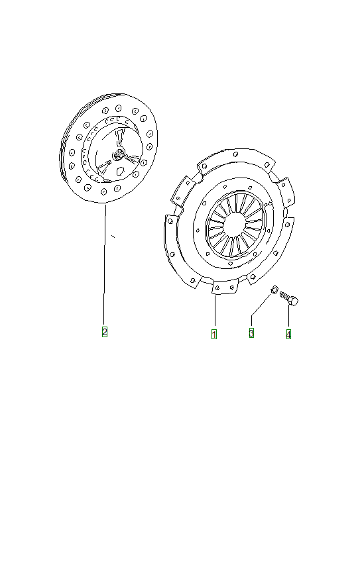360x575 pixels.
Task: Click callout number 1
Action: pyautogui.click(x=214, y=334)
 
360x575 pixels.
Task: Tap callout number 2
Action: pyautogui.click(x=105, y=332)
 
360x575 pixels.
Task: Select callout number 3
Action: pyautogui.click(x=251, y=333)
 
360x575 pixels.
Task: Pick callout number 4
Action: pyautogui.click(x=288, y=335)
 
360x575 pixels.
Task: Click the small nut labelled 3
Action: pyautogui.click(x=274, y=289)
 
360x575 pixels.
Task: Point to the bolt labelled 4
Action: pyautogui.click(x=289, y=298)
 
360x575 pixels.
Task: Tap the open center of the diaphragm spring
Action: pyautogui.click(x=234, y=225)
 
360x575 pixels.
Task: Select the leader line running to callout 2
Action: pyautogui.click(x=105, y=265)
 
